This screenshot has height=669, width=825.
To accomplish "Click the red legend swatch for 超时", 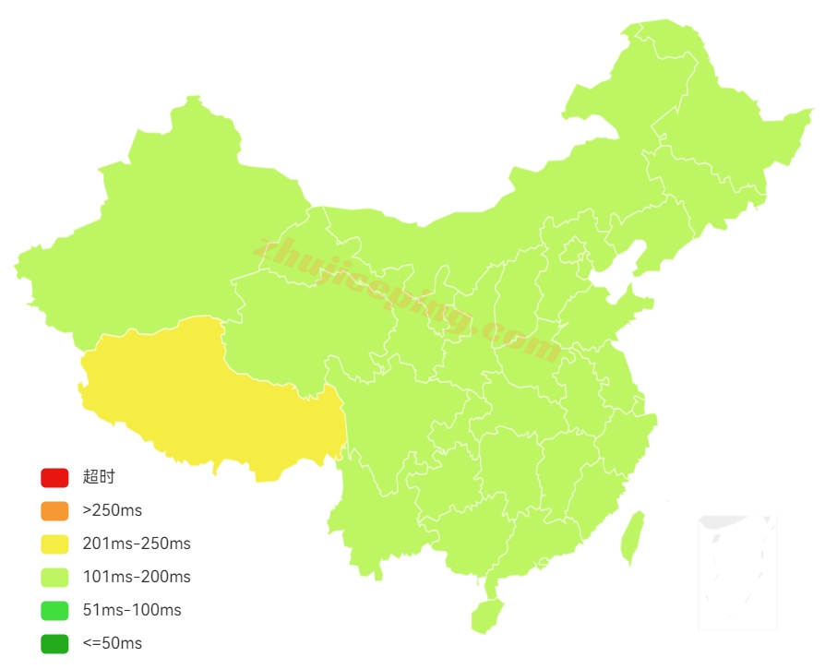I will (x=54, y=478).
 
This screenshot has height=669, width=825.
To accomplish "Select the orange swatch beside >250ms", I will (x=54, y=510).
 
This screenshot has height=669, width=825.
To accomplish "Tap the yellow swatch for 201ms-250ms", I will (x=54, y=544).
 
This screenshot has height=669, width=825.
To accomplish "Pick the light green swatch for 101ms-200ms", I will (x=54, y=577).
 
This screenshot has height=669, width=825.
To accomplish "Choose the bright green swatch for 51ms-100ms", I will (x=54, y=610).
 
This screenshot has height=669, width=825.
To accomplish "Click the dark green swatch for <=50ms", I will (x=54, y=643).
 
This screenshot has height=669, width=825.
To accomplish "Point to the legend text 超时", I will (x=99, y=477).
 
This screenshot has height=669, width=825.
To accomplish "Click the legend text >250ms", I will (x=113, y=510).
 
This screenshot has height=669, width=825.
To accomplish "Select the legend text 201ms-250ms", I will (x=137, y=544).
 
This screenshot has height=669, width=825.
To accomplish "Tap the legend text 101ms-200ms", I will (x=137, y=577).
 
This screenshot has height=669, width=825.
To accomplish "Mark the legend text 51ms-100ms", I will (x=132, y=610).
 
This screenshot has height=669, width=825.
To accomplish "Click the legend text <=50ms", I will (x=113, y=643).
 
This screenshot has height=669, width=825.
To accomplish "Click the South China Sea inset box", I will (x=737, y=572).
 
